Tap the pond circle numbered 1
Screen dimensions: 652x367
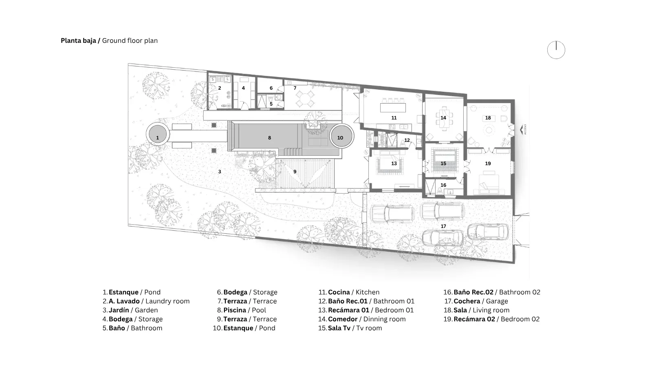[157, 134]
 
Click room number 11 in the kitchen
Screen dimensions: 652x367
[394, 118]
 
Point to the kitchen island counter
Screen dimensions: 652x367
[393, 108]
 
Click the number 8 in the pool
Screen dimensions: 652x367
[269, 138]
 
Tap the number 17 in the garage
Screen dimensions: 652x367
[443, 226]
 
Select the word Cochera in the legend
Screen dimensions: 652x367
[467, 301]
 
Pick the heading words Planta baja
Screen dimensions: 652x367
[78, 40]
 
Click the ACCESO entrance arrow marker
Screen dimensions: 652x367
[522, 130]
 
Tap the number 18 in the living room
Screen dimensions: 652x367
[488, 118]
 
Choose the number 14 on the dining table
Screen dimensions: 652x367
[443, 118]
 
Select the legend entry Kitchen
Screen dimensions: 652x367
[367, 292]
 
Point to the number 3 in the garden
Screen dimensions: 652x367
[220, 172]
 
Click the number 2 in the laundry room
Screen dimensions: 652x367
[220, 88]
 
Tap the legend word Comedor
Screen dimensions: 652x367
[343, 319]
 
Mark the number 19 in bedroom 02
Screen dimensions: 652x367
[488, 164]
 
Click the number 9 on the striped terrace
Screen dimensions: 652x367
[295, 172]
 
